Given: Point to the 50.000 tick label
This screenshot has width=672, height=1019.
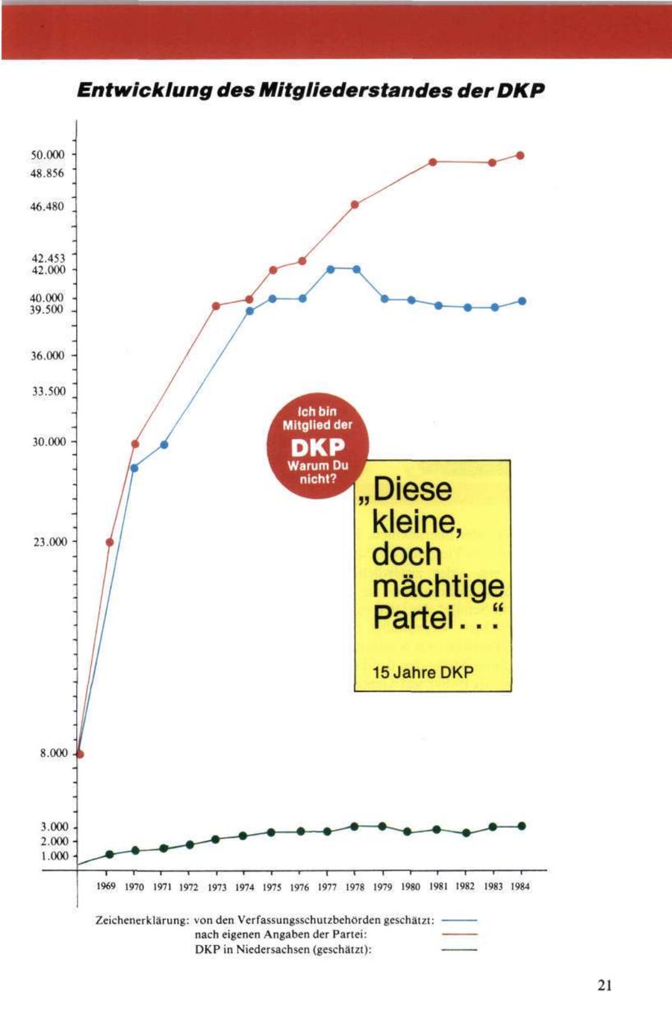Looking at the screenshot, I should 49,155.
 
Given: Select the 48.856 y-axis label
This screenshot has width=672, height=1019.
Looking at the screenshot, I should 49,172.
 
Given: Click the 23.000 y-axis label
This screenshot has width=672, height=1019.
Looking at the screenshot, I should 50,541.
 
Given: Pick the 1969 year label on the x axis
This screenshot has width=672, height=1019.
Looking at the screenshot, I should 107,887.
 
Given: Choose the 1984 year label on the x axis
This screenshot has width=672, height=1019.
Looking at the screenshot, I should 520,887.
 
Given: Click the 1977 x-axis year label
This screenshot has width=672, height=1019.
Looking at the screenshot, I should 327,887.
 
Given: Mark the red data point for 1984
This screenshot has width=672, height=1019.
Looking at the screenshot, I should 520,155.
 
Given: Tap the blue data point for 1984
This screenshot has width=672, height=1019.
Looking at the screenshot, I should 522,301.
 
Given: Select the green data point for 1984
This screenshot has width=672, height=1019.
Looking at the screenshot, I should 521,826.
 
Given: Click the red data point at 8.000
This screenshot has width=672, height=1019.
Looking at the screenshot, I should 80,753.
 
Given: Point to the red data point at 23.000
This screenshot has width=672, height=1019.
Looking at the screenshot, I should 110,542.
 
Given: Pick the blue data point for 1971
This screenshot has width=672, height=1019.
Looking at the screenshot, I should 164,445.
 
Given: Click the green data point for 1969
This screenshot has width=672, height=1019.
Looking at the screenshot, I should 109,854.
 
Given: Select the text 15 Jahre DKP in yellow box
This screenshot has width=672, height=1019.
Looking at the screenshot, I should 423,673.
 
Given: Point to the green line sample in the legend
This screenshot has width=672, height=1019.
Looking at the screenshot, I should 459,950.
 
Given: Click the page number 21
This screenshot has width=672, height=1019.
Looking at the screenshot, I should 605,985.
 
